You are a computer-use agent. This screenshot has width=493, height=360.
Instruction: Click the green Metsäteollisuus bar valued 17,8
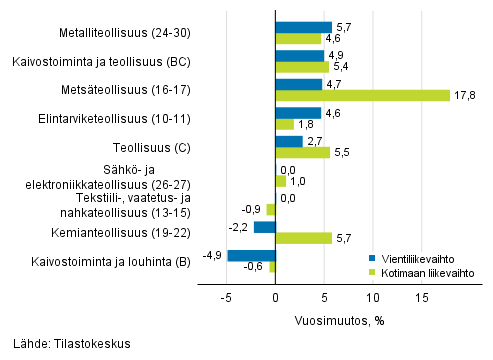(362, 96)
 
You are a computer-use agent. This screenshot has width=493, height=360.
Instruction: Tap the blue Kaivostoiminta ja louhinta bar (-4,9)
(250, 256)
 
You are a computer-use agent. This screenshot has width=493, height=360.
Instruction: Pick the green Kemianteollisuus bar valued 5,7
(303, 238)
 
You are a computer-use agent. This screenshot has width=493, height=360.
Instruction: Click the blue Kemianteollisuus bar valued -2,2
(264, 227)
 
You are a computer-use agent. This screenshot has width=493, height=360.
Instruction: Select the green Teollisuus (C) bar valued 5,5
(302, 153)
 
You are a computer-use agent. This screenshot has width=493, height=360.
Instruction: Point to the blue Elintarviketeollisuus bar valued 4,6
(297, 113)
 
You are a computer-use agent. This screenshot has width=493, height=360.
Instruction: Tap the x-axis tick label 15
(421, 298)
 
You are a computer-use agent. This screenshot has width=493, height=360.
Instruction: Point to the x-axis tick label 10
(372, 298)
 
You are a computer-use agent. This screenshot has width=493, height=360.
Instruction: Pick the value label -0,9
(253, 210)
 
